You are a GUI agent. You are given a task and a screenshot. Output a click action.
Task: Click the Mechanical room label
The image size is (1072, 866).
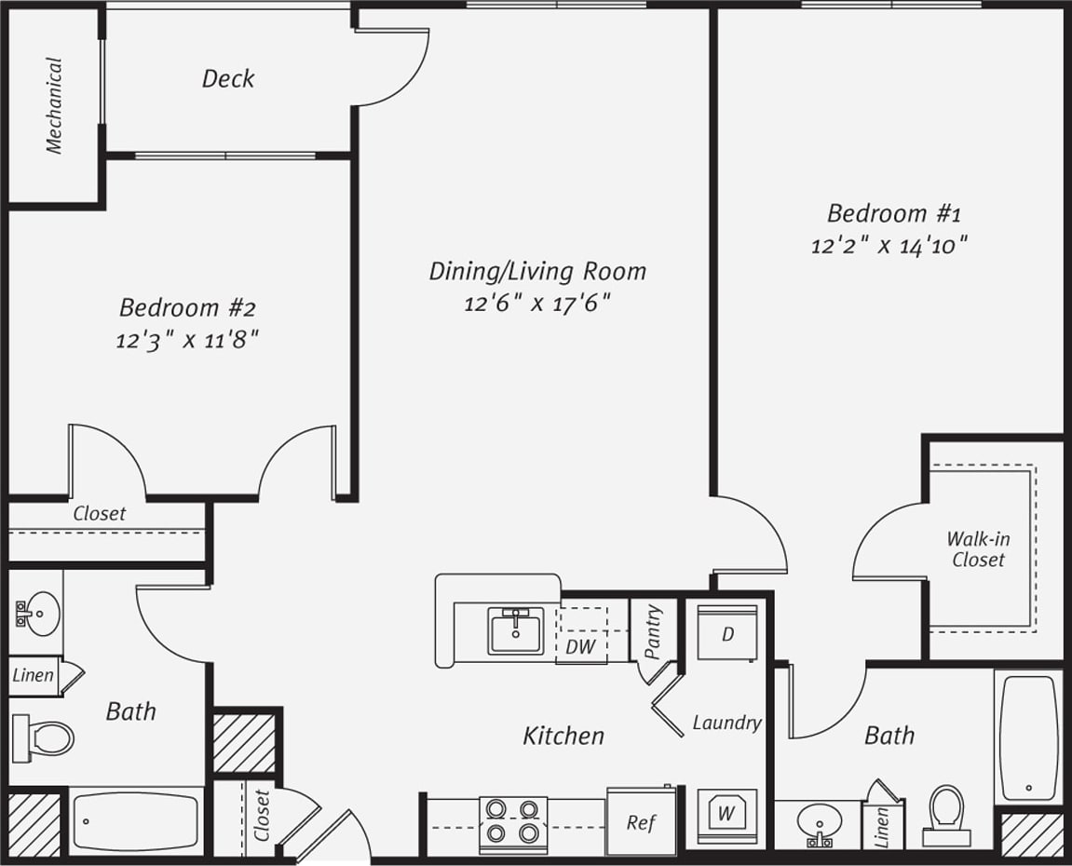54,105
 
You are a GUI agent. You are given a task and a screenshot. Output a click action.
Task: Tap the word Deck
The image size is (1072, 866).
228,79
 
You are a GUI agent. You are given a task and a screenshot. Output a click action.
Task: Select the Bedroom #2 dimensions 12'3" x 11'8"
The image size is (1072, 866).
186,340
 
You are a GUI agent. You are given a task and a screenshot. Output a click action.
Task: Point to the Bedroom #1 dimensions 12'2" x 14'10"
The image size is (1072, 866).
889,246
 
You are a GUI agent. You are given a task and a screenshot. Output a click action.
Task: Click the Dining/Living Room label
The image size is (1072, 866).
537,271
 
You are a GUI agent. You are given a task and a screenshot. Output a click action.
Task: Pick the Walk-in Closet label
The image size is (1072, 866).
978,549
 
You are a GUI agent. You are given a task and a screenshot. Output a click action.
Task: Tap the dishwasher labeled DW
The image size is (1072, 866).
581,645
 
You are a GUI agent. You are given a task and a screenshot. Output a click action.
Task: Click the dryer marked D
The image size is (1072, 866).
726,633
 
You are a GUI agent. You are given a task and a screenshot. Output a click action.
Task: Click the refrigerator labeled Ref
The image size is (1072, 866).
641,822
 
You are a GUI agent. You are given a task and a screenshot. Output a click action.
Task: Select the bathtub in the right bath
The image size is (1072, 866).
1028,736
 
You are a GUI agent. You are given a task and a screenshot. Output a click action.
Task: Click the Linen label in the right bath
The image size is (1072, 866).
881,826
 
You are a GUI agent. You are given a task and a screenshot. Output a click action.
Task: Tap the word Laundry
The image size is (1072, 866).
726,723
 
